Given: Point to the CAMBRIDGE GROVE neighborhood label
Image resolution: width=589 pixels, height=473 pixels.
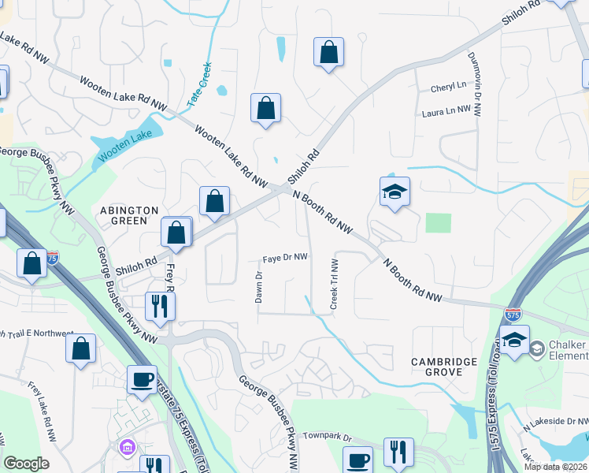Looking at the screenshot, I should coord(444,368).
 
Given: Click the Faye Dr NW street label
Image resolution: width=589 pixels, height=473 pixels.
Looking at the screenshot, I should coord(284,258).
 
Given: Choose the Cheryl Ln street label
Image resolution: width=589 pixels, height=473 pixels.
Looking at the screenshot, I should coord(449,87).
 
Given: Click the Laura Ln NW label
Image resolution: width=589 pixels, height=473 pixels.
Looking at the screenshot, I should coord(451,113).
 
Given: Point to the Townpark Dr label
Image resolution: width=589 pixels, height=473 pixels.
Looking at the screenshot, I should coord(326,435).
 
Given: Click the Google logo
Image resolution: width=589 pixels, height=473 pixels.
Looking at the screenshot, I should coord(27,464).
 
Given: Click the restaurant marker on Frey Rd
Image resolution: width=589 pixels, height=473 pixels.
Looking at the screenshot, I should coord(160,305).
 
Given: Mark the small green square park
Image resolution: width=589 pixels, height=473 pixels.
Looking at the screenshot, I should coord(439,223).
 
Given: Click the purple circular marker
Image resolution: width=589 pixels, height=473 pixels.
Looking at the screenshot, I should coord(126,448).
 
